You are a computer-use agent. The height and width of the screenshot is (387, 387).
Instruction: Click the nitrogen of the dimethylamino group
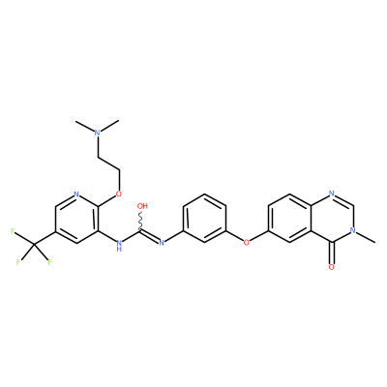click(98, 133)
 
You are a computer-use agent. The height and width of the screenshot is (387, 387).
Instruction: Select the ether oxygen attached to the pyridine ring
click(119, 193)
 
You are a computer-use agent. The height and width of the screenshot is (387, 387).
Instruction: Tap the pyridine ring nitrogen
click(76, 194)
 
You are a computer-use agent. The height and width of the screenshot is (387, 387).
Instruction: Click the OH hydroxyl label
click(142, 206)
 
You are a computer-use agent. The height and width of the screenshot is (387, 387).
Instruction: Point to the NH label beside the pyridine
click(119, 245)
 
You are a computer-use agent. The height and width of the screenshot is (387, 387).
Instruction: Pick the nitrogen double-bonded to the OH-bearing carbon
click(162, 243)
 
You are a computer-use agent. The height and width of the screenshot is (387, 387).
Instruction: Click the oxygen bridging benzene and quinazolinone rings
click(247, 243)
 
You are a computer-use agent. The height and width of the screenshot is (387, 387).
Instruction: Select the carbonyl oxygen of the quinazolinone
click(332, 267)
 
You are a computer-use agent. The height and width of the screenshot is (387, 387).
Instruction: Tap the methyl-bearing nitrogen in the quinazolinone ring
click(353, 230)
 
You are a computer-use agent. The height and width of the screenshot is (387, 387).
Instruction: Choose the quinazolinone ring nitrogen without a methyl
click(332, 193)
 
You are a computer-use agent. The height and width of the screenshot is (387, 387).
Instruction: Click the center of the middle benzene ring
click(204, 218)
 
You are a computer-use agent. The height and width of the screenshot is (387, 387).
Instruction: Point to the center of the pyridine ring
click(76, 219)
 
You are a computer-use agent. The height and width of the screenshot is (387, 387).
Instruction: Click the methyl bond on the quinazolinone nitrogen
click(366, 236)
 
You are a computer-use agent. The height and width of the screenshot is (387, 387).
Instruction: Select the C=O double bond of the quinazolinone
click(332, 253)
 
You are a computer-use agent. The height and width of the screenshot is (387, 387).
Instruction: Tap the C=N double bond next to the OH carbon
click(149, 236)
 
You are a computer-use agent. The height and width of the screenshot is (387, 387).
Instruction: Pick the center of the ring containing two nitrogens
click(332, 218)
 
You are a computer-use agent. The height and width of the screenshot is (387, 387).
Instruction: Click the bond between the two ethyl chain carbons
click(108, 164)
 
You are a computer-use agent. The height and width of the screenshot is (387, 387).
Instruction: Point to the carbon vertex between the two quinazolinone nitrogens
click(353, 206)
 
